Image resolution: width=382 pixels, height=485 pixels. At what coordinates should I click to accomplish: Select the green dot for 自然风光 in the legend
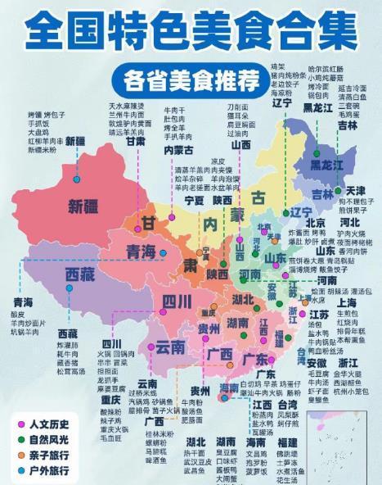(21, 439)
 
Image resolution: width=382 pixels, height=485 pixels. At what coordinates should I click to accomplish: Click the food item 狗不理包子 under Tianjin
(357, 201)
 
